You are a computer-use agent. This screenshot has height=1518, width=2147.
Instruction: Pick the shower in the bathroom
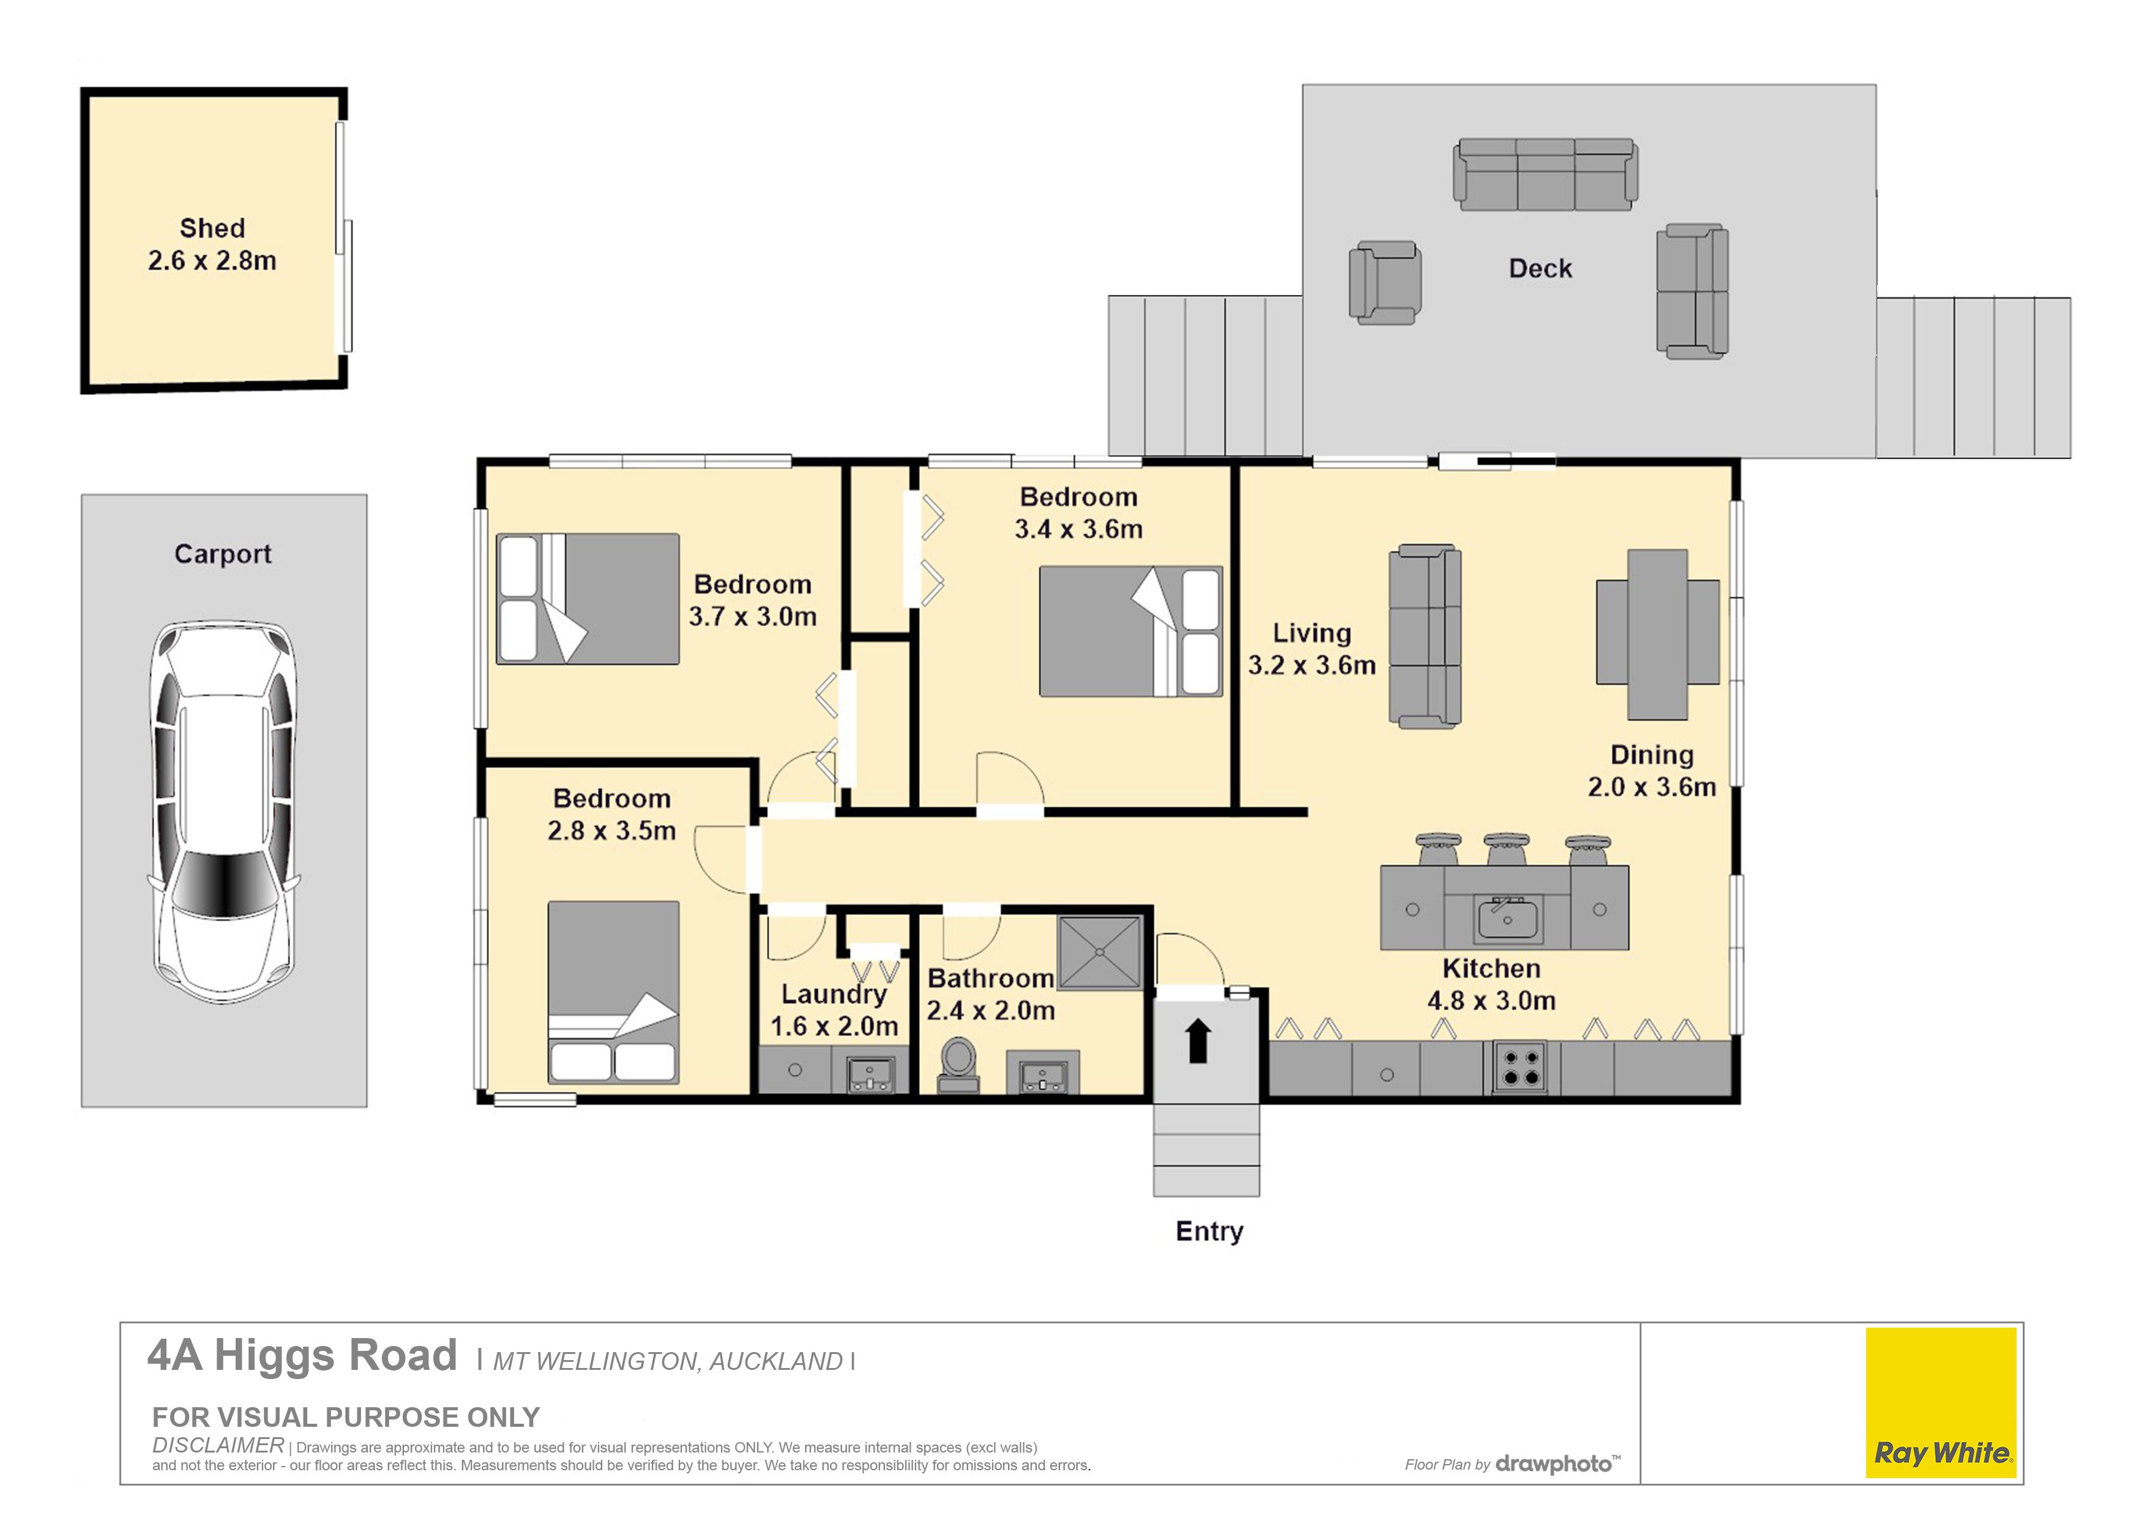click(1100, 952)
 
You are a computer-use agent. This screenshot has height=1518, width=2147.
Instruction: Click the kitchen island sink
click(1506, 918)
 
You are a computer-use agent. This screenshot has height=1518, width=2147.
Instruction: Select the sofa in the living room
click(1424, 636)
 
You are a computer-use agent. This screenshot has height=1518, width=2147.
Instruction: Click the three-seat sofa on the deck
click(1545, 175)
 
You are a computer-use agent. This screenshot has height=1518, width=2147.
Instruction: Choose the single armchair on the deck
click(1385, 282)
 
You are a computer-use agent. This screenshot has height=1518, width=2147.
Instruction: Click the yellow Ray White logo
click(1941, 1403)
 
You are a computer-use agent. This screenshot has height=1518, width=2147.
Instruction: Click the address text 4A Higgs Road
click(302, 1355)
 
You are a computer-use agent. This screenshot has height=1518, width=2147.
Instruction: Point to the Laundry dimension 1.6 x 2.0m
click(834, 1026)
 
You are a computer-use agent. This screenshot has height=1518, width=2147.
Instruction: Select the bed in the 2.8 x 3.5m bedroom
click(613, 992)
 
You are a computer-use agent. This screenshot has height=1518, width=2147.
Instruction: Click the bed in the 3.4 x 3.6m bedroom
click(1130, 631)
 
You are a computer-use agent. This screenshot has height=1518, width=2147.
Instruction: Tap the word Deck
click(1540, 269)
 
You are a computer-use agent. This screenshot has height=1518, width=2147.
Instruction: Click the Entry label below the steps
click(1209, 1232)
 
